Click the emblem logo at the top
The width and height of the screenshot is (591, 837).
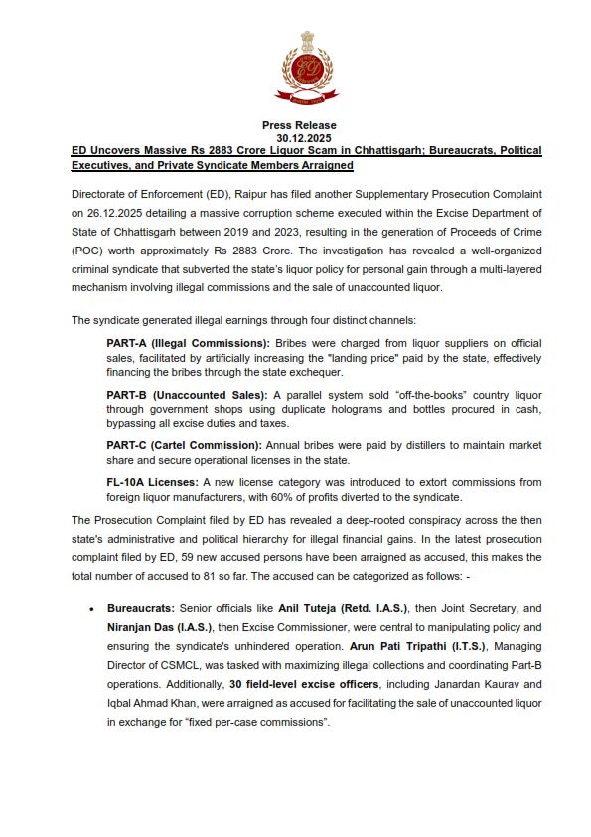tap(295, 68)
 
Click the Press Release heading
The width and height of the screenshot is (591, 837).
tap(295, 125)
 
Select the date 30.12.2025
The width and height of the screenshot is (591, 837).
tap(295, 137)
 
